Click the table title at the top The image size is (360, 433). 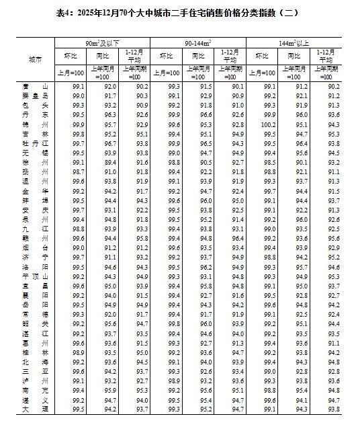(x=180, y=13)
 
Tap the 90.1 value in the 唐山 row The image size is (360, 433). (x=238, y=87)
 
